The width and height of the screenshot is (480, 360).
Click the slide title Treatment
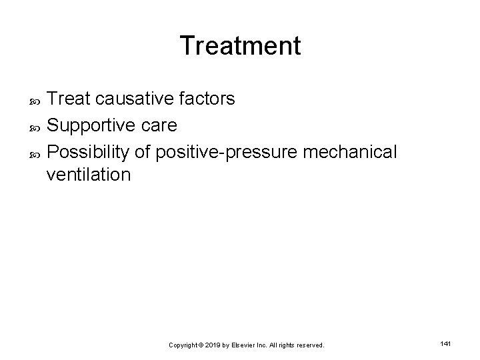(x=240, y=46)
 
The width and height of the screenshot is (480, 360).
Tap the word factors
(x=208, y=99)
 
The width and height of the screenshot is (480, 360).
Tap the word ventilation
(x=89, y=175)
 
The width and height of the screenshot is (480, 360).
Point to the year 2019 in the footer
(x=214, y=345)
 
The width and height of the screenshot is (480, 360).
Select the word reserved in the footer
(x=310, y=345)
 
